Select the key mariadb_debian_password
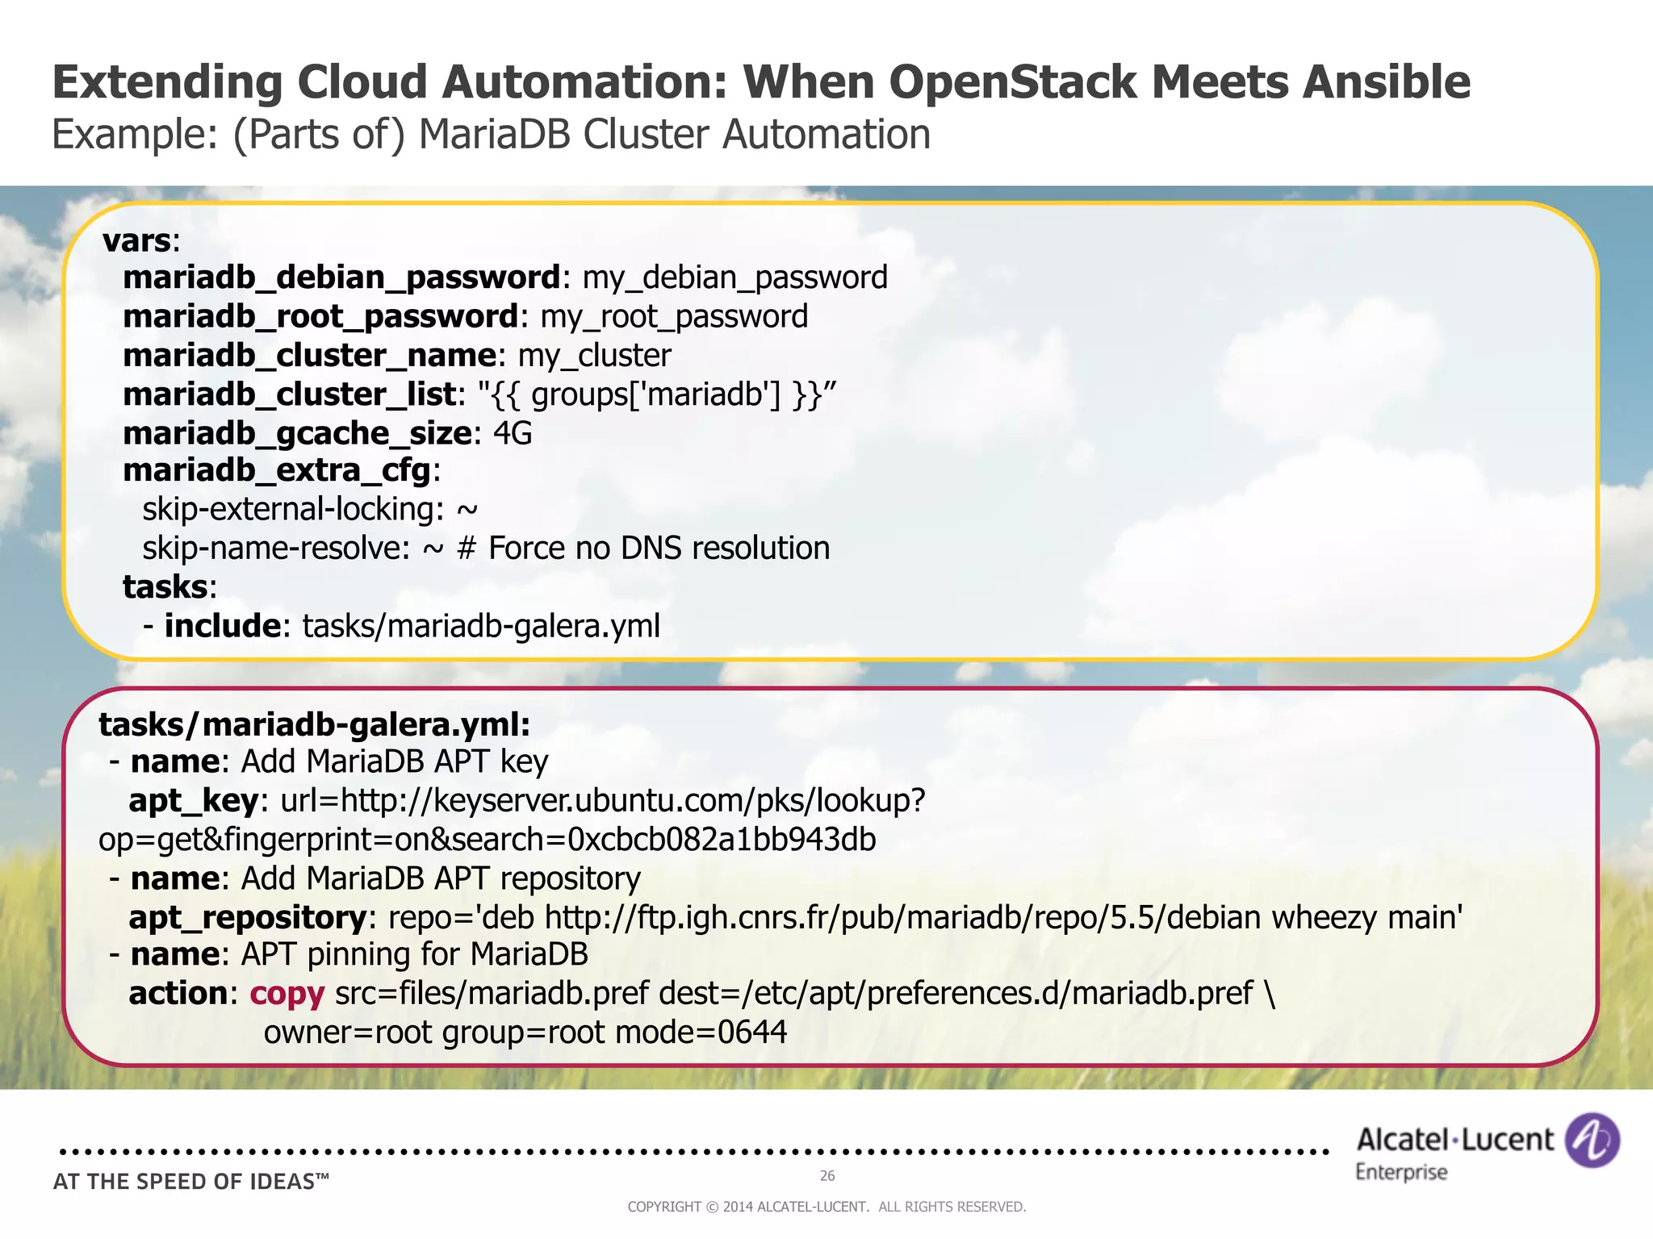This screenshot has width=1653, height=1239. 341,277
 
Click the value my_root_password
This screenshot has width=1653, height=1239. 674,316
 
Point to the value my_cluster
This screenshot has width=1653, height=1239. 594,355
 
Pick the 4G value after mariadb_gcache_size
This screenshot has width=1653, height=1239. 513,433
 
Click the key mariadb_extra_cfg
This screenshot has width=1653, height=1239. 277,470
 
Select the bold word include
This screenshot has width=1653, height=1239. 222,626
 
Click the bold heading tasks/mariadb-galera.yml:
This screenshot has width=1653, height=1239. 315,724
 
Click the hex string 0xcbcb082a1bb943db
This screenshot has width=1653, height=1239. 722,840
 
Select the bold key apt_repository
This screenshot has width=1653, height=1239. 248,918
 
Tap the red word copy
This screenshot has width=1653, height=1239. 287,994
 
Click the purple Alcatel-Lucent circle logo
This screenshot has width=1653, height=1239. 1592,1140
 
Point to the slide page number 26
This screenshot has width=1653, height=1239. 827,1176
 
